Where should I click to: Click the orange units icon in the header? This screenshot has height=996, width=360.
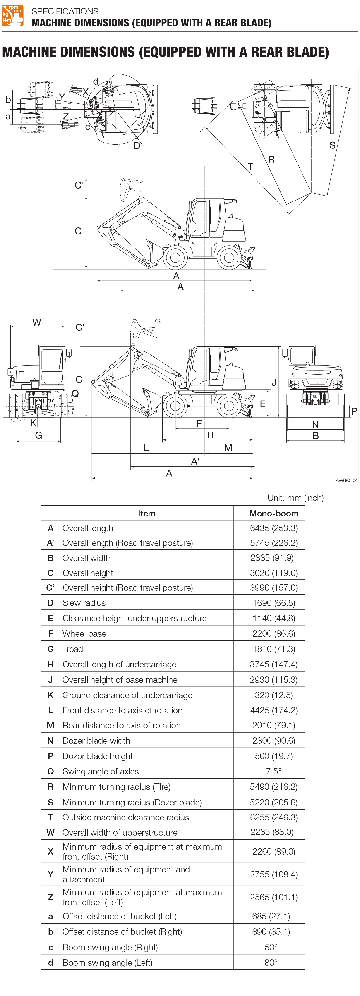click(x=13, y=16)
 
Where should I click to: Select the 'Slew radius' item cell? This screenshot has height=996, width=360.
click(x=84, y=602)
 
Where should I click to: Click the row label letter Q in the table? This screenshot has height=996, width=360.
click(x=50, y=771)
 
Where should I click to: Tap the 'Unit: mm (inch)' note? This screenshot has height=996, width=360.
click(x=295, y=498)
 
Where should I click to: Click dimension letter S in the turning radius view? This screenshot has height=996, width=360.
click(x=332, y=145)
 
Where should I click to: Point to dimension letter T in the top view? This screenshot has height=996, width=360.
click(x=250, y=167)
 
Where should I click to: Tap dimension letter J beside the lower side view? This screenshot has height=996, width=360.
click(x=274, y=382)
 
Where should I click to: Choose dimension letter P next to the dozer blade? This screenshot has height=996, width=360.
click(x=354, y=411)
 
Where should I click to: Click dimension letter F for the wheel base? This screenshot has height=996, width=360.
click(x=199, y=424)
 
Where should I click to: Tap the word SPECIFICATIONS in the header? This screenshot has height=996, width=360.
click(x=65, y=11)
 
